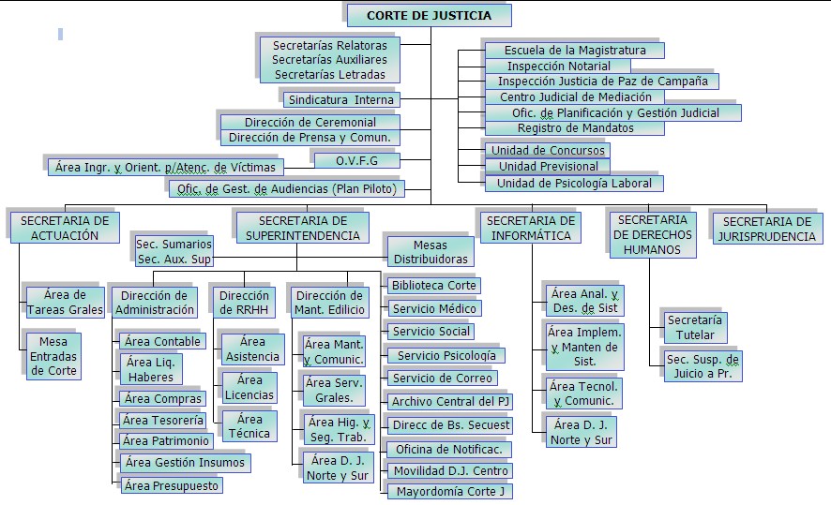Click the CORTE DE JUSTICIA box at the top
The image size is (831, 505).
click(430, 15)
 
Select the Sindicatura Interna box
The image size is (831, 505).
click(340, 99)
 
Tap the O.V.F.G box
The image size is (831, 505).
click(356, 160)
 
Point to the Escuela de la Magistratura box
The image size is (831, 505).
click(575, 51)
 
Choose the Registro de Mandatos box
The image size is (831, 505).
click(575, 128)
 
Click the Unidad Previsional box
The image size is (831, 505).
click(548, 166)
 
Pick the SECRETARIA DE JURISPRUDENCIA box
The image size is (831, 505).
click(767, 229)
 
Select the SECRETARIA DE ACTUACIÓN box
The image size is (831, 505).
click(65, 228)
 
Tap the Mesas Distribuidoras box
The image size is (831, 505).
click(431, 252)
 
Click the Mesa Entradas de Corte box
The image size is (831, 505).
click(53, 356)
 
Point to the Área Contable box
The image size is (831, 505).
click(162, 341)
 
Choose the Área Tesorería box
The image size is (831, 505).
click(162, 421)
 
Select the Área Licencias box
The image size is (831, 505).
click(249, 388)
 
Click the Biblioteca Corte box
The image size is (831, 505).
click(433, 286)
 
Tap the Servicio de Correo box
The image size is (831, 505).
click(442, 378)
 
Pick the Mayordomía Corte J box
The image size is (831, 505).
click(450, 491)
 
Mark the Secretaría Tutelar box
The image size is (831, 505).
click(695, 328)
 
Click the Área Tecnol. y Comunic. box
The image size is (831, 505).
click(583, 394)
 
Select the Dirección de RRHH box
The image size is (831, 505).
click(244, 303)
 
